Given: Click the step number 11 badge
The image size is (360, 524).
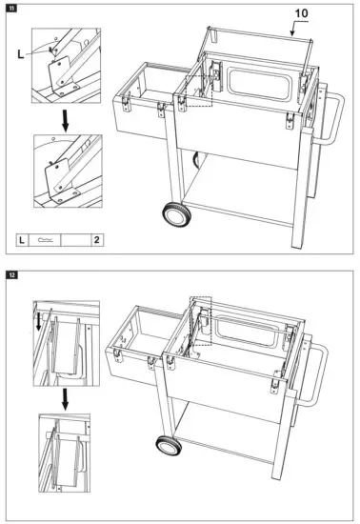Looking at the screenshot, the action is [x=11, y=8].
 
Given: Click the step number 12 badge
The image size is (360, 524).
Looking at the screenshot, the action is [x=11, y=275].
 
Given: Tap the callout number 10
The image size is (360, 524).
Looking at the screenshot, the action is [x=301, y=13].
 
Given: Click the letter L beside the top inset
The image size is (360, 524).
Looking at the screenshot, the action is [x=21, y=54].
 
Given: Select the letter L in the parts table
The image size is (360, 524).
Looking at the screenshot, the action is [x=22, y=240].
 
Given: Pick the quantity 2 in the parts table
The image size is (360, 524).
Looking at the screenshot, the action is [x=97, y=239].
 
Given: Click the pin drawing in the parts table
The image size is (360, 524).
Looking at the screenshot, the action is [x=45, y=239].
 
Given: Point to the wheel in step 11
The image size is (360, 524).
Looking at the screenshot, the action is [x=177, y=214].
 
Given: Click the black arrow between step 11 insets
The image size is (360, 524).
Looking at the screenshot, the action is [x=66, y=121].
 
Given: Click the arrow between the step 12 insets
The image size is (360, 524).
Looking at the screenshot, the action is [x=66, y=399].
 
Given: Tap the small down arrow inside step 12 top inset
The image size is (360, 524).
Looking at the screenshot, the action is [x=39, y=321].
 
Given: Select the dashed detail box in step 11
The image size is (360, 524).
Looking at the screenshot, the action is [x=199, y=91].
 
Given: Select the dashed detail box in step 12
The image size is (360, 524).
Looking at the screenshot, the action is [x=200, y=321].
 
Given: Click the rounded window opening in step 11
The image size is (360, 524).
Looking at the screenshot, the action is [x=258, y=85].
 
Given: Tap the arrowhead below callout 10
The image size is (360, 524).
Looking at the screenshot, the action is [x=292, y=33].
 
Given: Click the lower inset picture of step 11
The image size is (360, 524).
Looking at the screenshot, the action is [x=68, y=171].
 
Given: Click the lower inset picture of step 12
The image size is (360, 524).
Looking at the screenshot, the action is [x=65, y=453].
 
